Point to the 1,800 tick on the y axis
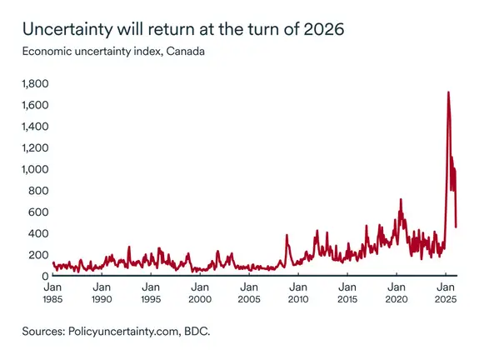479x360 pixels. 36,84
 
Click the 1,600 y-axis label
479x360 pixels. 36,106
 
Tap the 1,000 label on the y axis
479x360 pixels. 36,169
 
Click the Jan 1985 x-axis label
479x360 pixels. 52,291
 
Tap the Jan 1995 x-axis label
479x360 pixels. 151,291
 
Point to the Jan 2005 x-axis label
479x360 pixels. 248,291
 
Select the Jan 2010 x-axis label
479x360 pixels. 297,291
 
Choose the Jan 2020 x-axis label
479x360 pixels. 396,291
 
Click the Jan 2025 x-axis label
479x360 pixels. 445,291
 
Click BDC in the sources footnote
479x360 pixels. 197,332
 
